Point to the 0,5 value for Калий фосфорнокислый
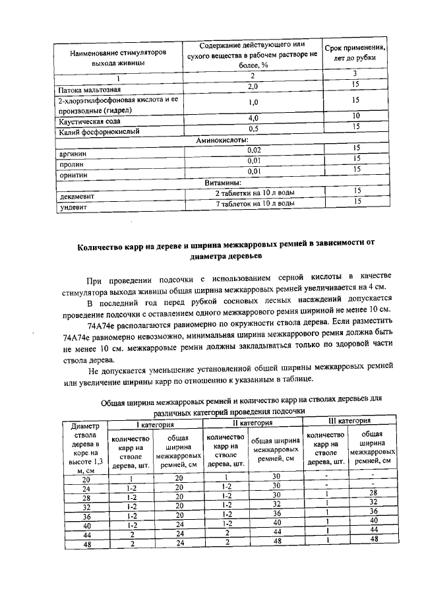253,128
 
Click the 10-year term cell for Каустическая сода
355,116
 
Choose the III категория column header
349,420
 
